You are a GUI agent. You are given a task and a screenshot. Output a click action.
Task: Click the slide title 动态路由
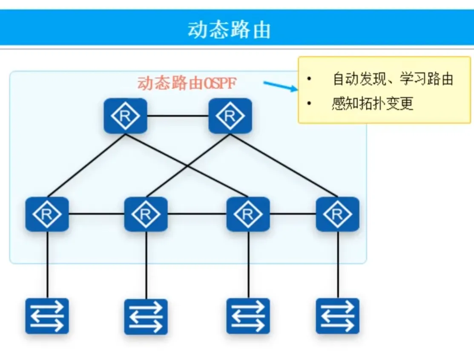pyautogui.click(x=229, y=30)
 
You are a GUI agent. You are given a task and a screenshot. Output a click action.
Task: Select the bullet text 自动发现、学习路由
pyautogui.click(x=392, y=79)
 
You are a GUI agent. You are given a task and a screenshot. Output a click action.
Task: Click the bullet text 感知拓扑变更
pyautogui.click(x=372, y=103)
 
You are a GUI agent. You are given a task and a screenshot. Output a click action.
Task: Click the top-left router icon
pyautogui.click(x=125, y=116)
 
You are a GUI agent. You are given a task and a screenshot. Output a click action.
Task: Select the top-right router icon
pyautogui.click(x=230, y=116)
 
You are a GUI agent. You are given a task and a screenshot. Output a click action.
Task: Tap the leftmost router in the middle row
pyautogui.click(x=47, y=214)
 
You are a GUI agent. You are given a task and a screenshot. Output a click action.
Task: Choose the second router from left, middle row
pyautogui.click(x=146, y=214)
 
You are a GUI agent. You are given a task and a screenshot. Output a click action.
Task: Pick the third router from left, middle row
pyautogui.click(x=248, y=214)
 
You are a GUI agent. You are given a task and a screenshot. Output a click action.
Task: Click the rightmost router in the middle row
pyautogui.click(x=338, y=214)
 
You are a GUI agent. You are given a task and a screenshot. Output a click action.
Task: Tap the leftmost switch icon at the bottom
pyautogui.click(x=47, y=316)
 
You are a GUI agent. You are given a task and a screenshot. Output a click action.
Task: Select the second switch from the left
pyautogui.click(x=146, y=317)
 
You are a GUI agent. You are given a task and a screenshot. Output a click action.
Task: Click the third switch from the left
pyautogui.click(x=248, y=316)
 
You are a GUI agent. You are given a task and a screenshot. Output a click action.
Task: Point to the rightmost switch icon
pyautogui.click(x=338, y=316)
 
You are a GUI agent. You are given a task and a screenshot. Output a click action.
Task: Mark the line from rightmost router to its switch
pyautogui.click(x=338, y=264)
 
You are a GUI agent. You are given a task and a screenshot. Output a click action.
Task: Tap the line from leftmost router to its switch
pyautogui.click(x=47, y=264)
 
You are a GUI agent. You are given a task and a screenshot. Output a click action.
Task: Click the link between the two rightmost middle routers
pyautogui.click(x=293, y=214)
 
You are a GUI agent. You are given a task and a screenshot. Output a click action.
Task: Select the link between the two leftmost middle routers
pyautogui.click(x=96, y=214)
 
